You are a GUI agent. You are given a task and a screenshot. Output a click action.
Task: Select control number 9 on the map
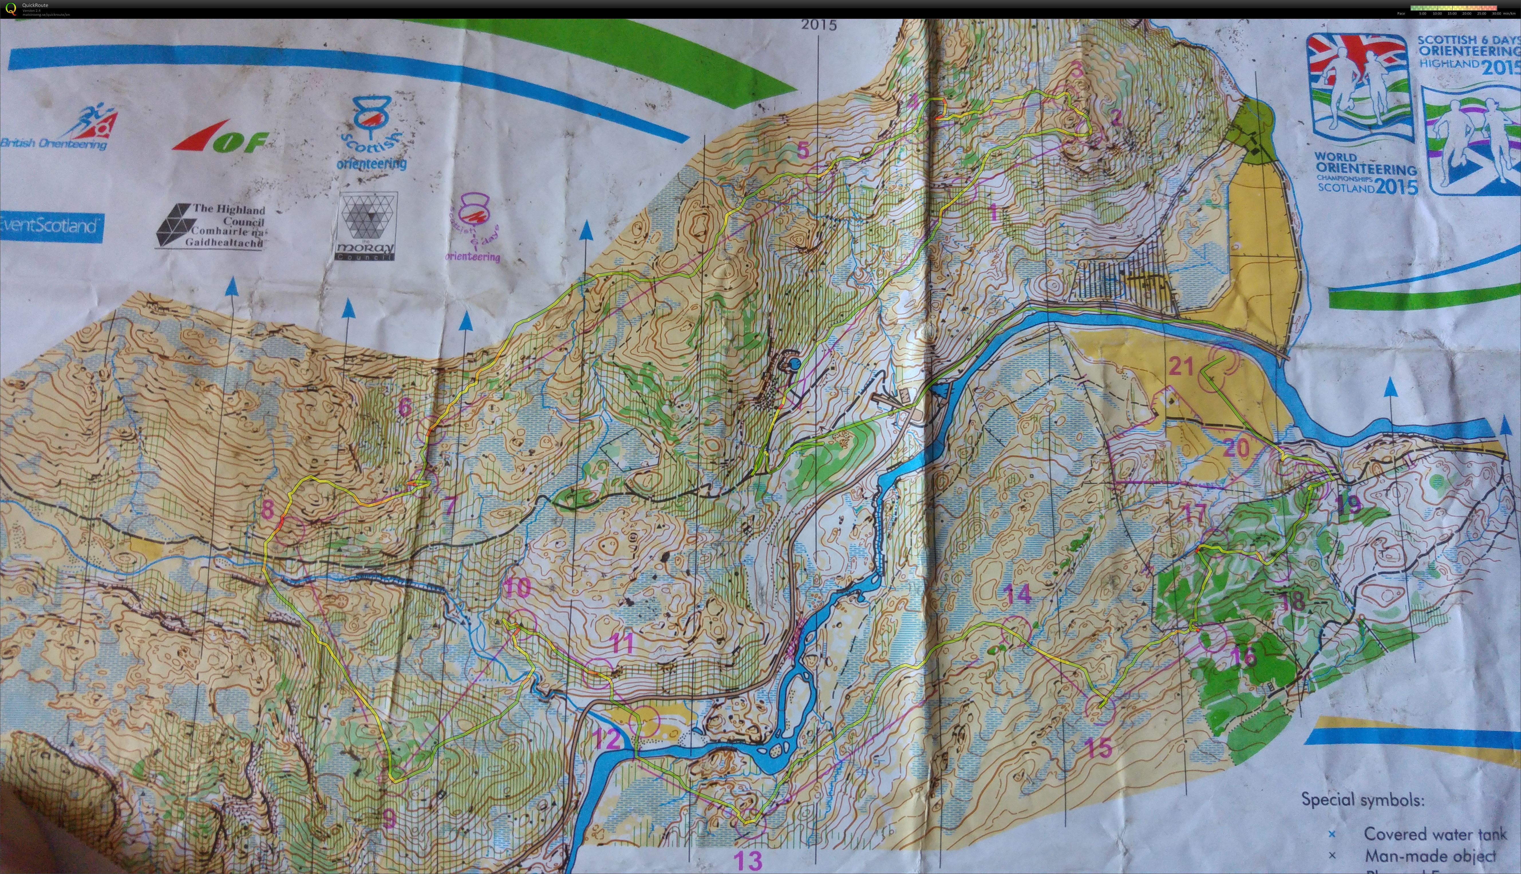click(x=389, y=818)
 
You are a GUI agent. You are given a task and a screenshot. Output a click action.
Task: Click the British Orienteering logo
click(x=57, y=129)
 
